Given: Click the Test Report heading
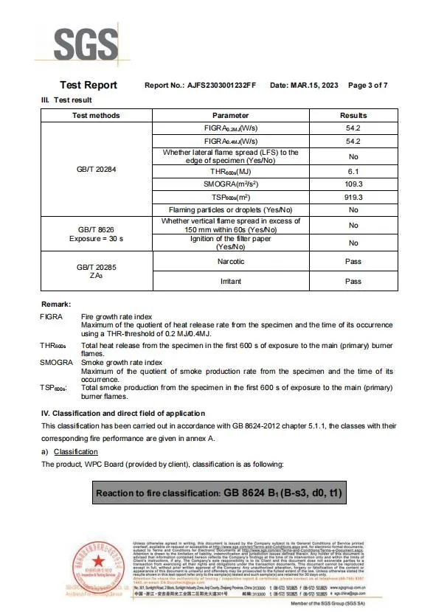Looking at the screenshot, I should (x=88, y=86).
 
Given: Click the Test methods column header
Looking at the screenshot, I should (x=96, y=116).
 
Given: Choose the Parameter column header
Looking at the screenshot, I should (x=230, y=116).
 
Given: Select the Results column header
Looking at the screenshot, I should (x=353, y=116).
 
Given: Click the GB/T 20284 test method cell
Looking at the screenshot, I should (x=96, y=169).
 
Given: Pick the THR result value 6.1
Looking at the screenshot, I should (x=353, y=170).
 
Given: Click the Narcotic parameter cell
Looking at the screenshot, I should (x=230, y=262).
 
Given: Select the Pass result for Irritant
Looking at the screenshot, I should (x=353, y=281).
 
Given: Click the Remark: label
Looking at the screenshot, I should (x=56, y=305).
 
